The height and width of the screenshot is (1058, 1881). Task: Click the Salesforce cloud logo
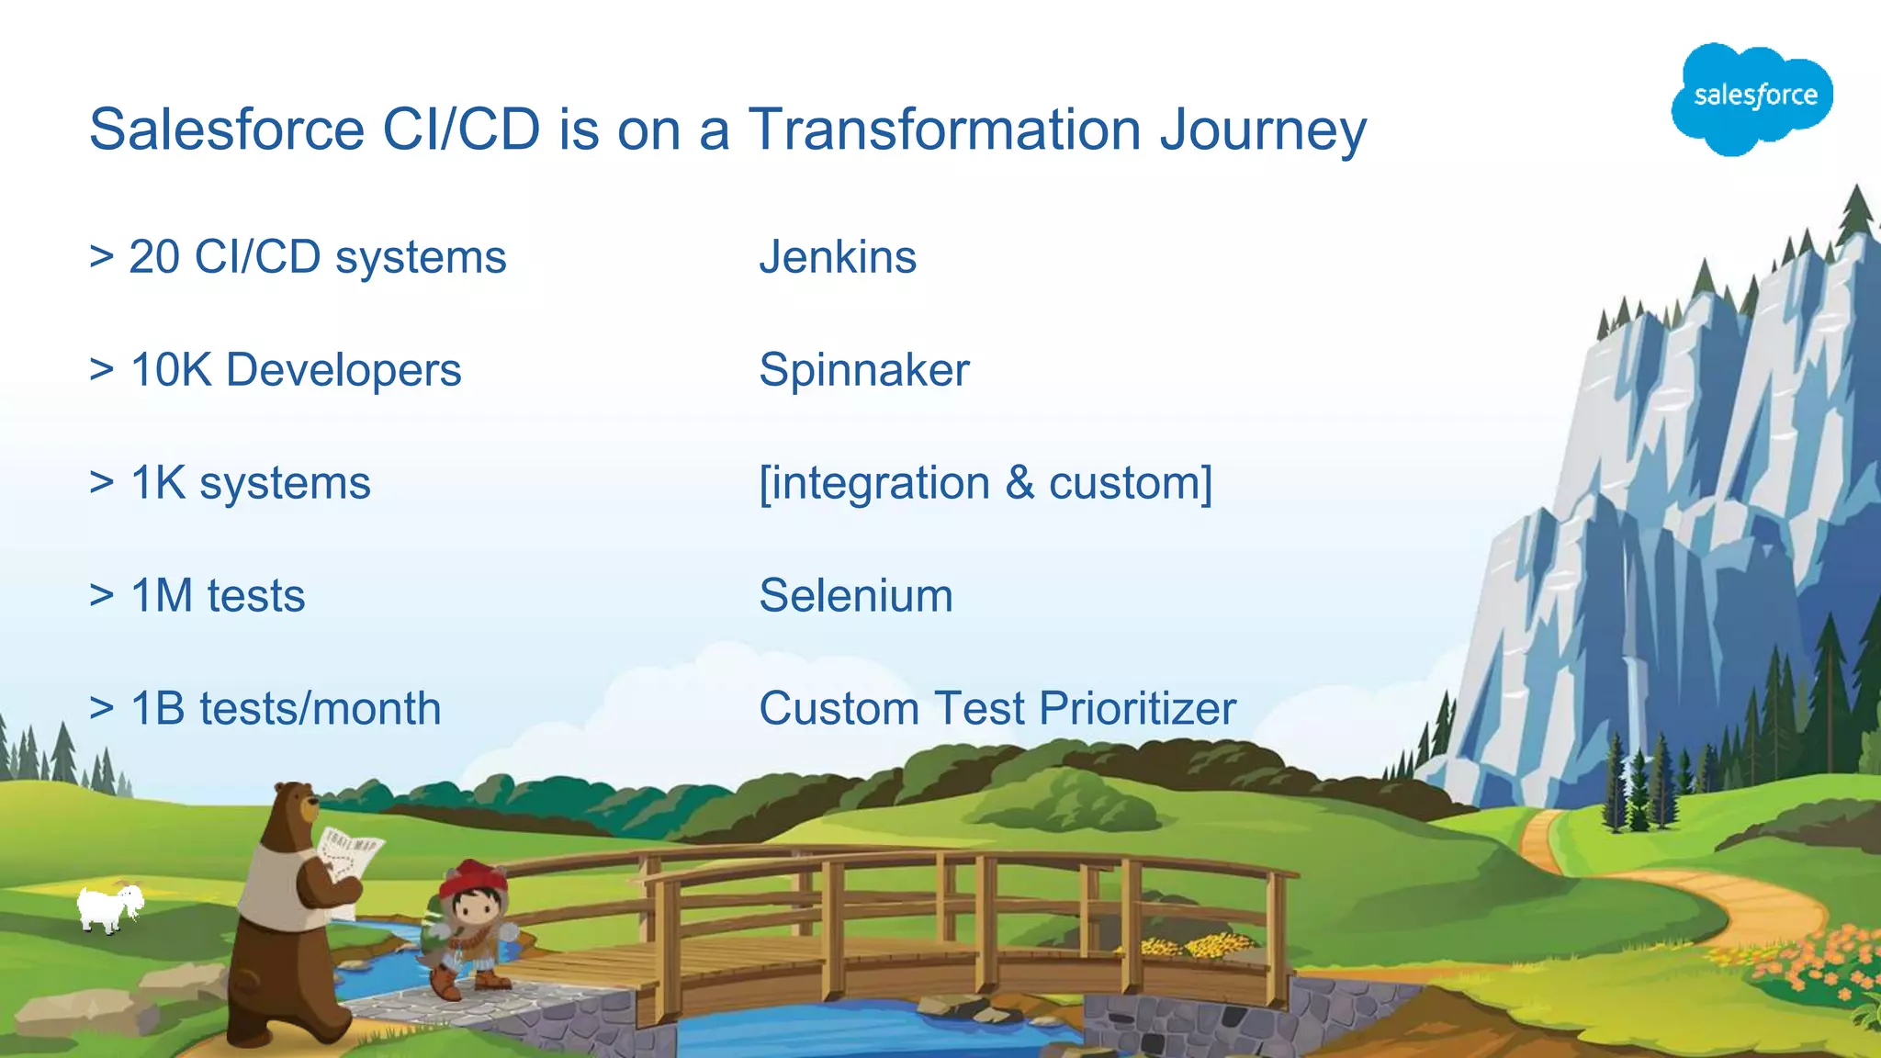point(1752,96)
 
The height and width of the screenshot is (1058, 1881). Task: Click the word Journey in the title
point(1263,130)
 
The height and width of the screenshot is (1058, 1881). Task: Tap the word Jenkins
point(838,257)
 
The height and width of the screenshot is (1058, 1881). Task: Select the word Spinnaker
point(864,370)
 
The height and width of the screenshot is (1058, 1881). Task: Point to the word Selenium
point(856,595)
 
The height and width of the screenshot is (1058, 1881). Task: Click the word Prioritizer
point(1138,709)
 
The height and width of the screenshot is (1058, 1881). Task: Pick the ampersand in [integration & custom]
point(1019,483)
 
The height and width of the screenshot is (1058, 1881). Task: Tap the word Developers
point(344,370)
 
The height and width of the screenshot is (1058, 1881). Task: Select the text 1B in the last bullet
point(158,709)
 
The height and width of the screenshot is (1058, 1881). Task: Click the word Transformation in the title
point(945,129)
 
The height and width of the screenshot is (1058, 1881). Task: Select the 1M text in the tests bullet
point(162,595)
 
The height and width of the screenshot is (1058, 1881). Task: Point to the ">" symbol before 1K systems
point(101,483)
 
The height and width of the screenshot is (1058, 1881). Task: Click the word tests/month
point(320,709)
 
